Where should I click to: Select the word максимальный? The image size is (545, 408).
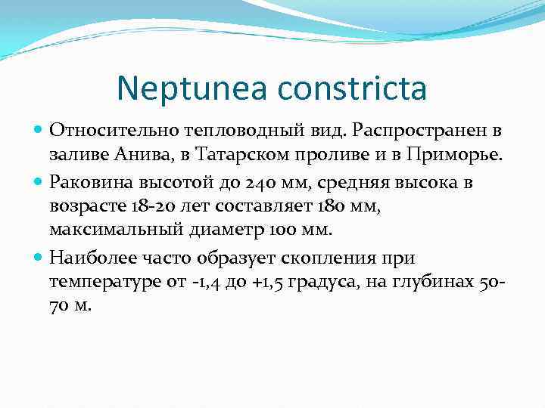pos(111,231)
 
